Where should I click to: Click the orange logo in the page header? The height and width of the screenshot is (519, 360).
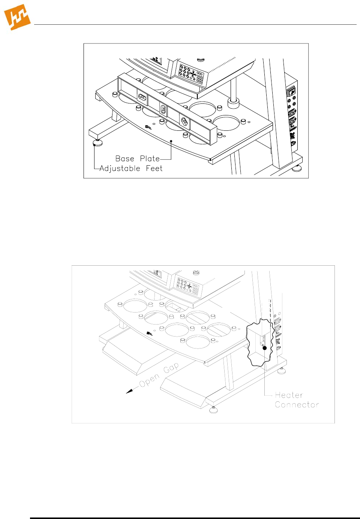[x=17, y=17]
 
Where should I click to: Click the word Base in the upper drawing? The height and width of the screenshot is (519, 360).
[x=124, y=159]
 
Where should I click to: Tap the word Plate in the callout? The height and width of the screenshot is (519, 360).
[x=150, y=159]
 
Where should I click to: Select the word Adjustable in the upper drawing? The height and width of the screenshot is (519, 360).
[x=120, y=169]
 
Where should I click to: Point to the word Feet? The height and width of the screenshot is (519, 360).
[x=154, y=169]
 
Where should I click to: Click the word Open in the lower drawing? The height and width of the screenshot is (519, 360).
[x=149, y=381]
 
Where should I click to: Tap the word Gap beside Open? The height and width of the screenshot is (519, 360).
[x=171, y=368]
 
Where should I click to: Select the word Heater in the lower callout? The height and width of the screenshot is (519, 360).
[x=289, y=395]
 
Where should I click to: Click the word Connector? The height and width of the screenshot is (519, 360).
[x=297, y=405]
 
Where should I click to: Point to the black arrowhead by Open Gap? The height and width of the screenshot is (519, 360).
[x=129, y=391]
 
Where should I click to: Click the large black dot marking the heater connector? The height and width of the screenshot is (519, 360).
[x=264, y=348]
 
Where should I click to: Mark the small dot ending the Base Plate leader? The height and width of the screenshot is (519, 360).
[x=171, y=141]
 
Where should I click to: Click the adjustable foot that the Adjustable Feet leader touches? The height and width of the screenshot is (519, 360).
[x=98, y=142]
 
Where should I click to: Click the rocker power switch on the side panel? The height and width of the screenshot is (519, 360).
[x=291, y=91]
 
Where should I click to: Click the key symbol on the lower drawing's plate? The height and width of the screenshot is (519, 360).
[x=149, y=333]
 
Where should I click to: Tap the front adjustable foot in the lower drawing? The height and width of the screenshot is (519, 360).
[x=213, y=409]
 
